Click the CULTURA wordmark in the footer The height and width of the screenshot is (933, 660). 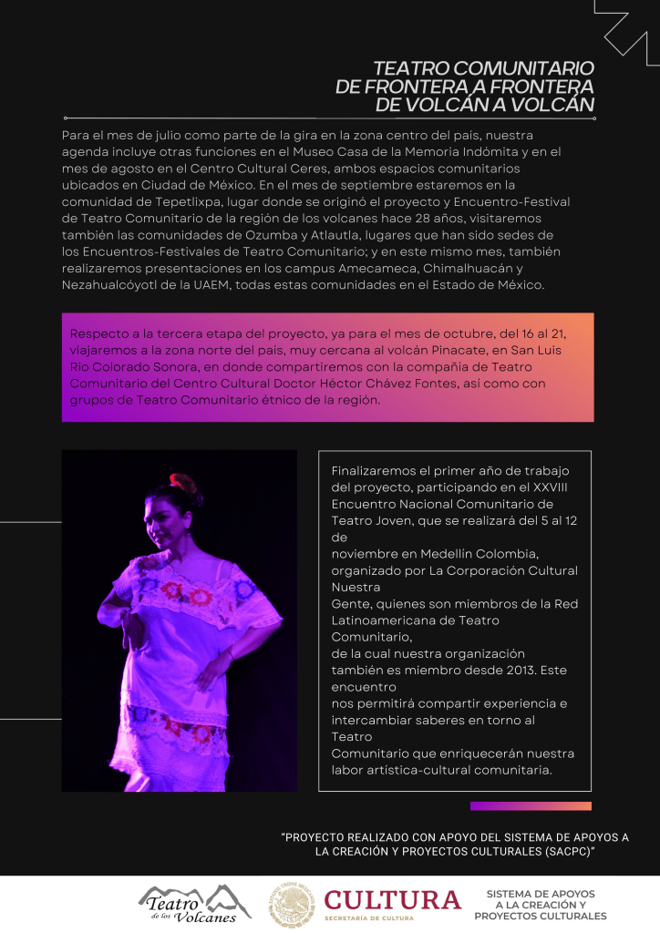tap(393, 900)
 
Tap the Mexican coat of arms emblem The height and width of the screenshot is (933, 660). tap(292, 906)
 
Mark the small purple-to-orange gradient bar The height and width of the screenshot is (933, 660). tap(531, 806)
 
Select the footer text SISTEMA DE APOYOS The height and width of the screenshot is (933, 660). tap(540, 894)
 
